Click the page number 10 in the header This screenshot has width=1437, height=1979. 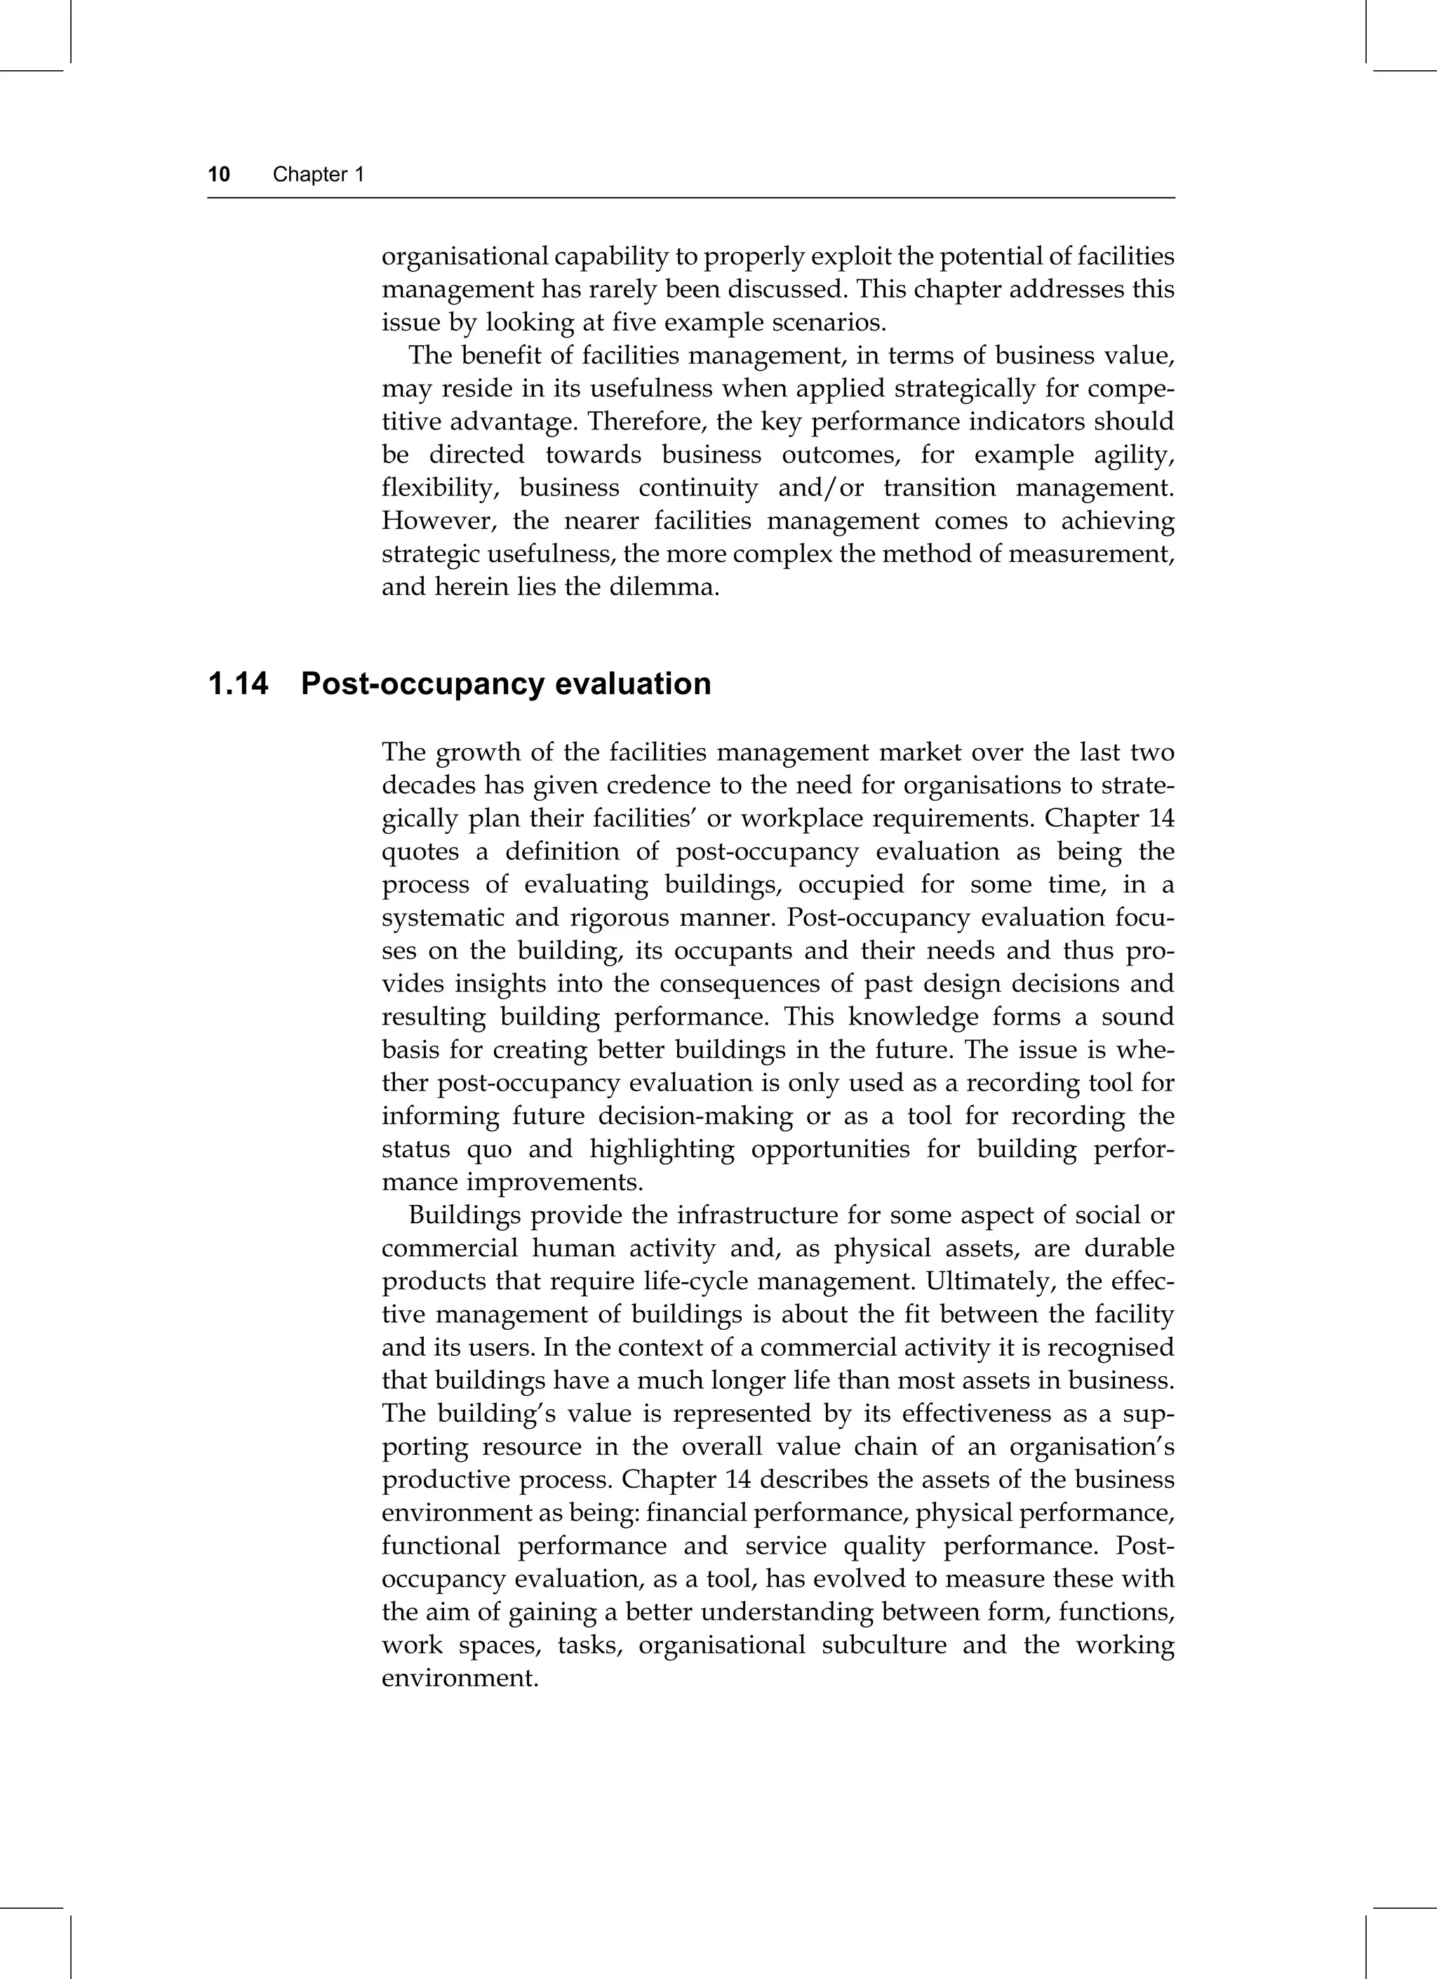point(219,175)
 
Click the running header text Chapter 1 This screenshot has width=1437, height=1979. point(318,175)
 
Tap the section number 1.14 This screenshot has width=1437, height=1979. point(237,684)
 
